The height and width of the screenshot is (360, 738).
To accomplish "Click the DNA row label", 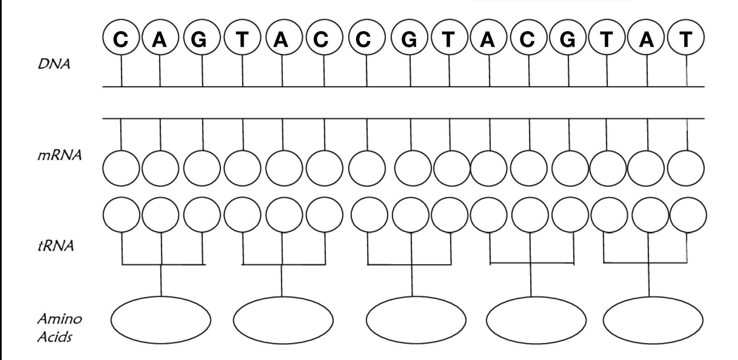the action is [x=54, y=64].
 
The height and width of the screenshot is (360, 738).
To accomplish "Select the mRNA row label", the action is [x=59, y=155].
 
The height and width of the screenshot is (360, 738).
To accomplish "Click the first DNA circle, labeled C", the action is [x=121, y=39].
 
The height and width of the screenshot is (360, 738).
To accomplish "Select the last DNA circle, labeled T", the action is [x=686, y=39].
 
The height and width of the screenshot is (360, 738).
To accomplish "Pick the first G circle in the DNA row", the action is [x=201, y=39].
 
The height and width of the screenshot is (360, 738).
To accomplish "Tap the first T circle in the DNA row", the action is [x=242, y=39].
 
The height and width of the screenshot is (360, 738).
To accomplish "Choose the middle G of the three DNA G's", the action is [x=409, y=39].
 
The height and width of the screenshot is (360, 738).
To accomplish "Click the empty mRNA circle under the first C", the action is [x=121, y=168].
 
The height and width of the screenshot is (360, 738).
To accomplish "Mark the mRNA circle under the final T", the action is [x=686, y=168].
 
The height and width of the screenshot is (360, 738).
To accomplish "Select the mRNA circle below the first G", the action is [x=201, y=168].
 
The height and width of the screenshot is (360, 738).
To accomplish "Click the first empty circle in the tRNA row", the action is [x=121, y=215].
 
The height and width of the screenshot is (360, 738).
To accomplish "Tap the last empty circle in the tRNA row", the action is [x=688, y=215].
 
